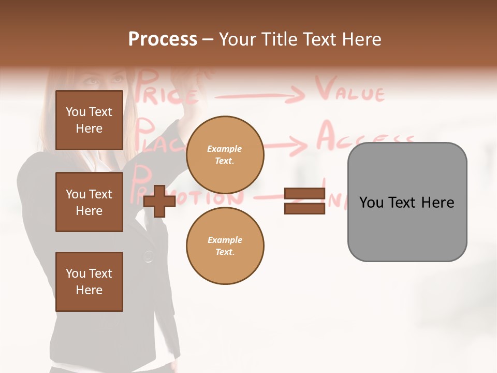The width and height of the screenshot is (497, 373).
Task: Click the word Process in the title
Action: click(163, 39)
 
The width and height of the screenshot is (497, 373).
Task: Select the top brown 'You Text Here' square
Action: click(89, 120)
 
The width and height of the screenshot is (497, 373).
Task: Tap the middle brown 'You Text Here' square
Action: click(89, 202)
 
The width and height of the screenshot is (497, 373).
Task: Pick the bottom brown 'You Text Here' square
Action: click(89, 282)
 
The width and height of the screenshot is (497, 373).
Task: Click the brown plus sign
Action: click(159, 202)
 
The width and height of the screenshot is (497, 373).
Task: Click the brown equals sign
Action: click(304, 202)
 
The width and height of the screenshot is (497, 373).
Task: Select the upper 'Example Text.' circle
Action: click(225, 155)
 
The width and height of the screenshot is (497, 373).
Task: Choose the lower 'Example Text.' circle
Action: click(225, 246)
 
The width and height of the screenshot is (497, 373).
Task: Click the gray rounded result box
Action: click(407, 202)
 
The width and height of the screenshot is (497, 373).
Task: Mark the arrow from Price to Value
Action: click(259, 95)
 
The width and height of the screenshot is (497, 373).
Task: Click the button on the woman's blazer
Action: click(149, 255)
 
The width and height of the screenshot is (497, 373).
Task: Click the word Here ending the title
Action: click(362, 39)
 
